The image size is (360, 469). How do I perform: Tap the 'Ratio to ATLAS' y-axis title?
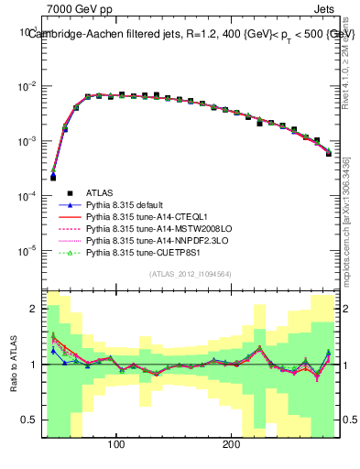(12, 364)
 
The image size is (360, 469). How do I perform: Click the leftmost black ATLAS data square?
(53, 177)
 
